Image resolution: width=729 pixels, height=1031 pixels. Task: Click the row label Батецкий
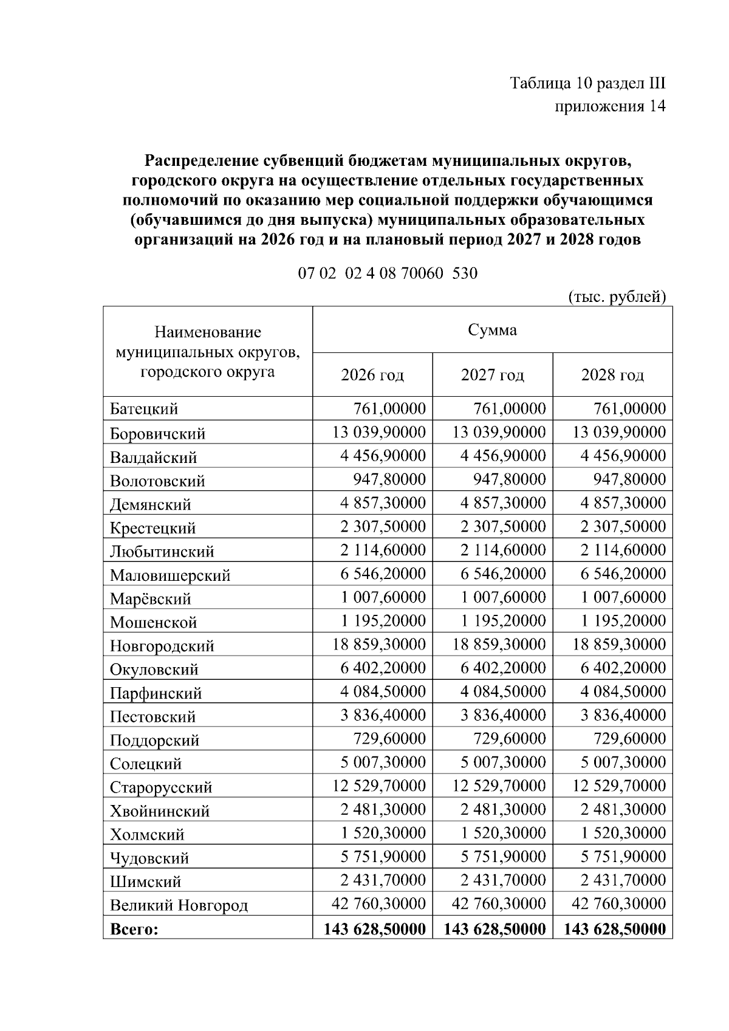144,409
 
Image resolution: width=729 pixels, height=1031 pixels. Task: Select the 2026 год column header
372,375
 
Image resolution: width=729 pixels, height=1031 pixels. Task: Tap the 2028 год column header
612,375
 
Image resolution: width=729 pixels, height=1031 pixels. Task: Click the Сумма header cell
492,330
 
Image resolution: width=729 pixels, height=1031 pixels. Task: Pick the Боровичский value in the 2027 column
499,432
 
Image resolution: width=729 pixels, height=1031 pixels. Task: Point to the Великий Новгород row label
179,905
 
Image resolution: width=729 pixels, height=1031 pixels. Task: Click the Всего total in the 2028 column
615,929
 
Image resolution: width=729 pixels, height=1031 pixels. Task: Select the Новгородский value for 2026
379,644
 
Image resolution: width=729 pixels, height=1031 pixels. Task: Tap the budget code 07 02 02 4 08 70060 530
388,273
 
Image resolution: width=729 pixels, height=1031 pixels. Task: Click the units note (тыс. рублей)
617,297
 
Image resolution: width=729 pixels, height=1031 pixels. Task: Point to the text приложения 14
610,106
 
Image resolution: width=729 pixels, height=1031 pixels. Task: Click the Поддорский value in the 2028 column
629,739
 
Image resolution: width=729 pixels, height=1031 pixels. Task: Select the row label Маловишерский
170,575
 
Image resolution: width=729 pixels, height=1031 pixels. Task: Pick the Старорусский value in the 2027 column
499,786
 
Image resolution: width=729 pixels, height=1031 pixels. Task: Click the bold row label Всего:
134,930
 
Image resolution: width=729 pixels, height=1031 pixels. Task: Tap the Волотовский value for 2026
389,479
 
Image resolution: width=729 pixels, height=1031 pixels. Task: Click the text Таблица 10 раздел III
587,83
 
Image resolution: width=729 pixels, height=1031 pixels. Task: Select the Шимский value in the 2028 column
623,880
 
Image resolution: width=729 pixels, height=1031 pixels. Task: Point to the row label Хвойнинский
160,811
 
